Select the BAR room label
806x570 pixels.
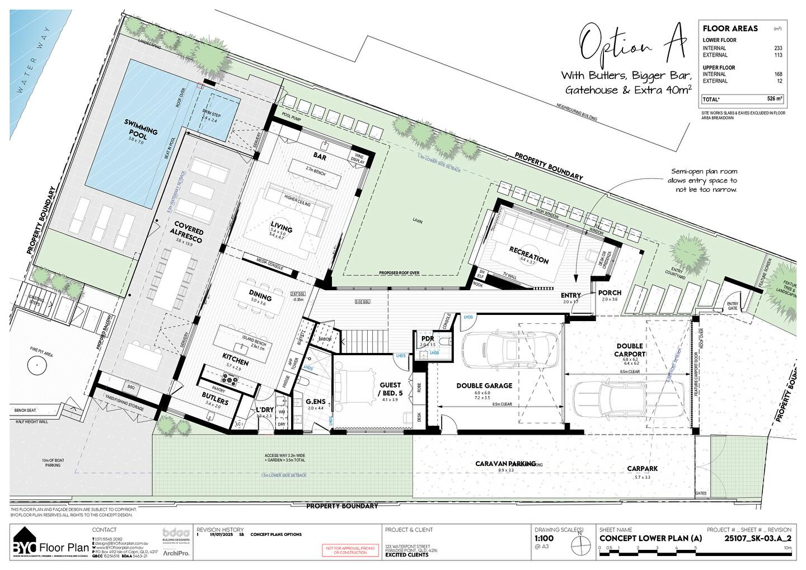point(320,157)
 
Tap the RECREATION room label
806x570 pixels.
point(528,254)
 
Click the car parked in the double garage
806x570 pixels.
point(510,347)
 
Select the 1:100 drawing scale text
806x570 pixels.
point(545,539)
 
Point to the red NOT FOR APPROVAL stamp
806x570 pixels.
point(348,550)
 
